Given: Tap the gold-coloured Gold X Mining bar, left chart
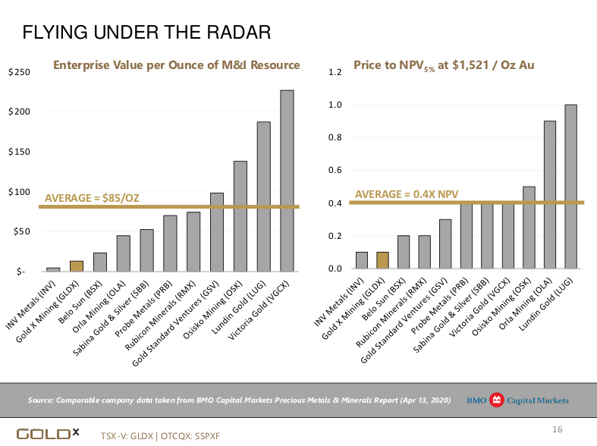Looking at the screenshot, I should pos(77,265).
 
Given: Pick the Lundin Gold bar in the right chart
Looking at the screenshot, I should pos(570,187).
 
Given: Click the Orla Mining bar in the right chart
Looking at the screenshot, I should pos(550,195).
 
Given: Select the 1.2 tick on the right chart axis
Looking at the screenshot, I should pos(336,72).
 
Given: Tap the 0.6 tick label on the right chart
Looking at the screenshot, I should pos(336,170).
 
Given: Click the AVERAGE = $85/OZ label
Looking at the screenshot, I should pos(92,198).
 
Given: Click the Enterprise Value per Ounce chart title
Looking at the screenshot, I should pos(176,65).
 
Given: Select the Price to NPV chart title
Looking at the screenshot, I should pos(444,66).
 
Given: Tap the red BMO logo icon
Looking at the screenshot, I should pos(497,400).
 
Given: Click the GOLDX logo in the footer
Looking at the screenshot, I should pos(48,434).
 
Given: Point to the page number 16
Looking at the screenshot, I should pos(557,430).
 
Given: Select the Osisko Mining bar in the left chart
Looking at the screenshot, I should pos(240,216).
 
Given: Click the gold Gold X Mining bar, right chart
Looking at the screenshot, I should pos(382,260).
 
